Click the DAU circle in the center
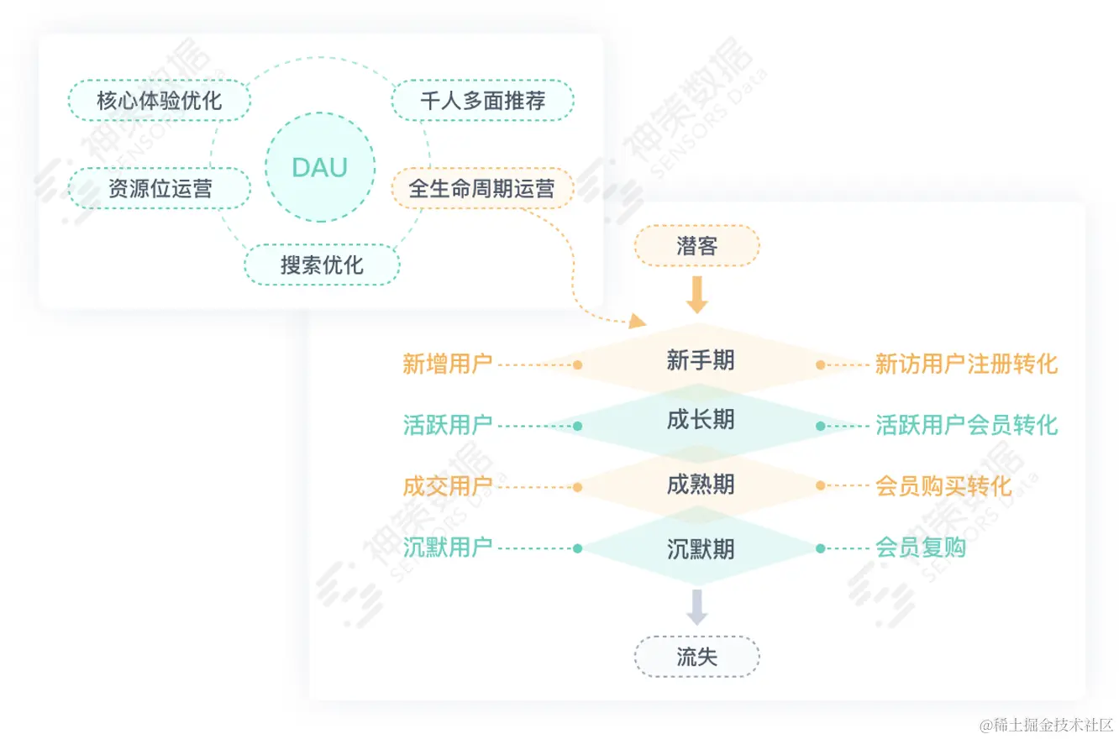tap(319, 168)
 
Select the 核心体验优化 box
tap(159, 101)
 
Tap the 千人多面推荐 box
tap(482, 101)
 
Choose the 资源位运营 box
tap(159, 188)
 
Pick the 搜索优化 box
tap(322, 265)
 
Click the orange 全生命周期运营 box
tap(482, 188)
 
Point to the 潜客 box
tap(696, 246)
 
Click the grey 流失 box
tap(696, 657)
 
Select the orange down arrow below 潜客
tap(696, 295)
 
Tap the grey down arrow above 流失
tap(696, 606)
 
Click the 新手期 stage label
tap(700, 361)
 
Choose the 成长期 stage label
tap(700, 421)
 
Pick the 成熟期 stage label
tap(700, 485)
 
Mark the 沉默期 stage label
tap(700, 549)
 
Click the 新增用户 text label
tap(447, 364)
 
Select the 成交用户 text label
tap(447, 486)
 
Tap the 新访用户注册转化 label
tap(966, 364)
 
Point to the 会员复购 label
tap(921, 548)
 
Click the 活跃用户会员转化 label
tap(966, 426)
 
